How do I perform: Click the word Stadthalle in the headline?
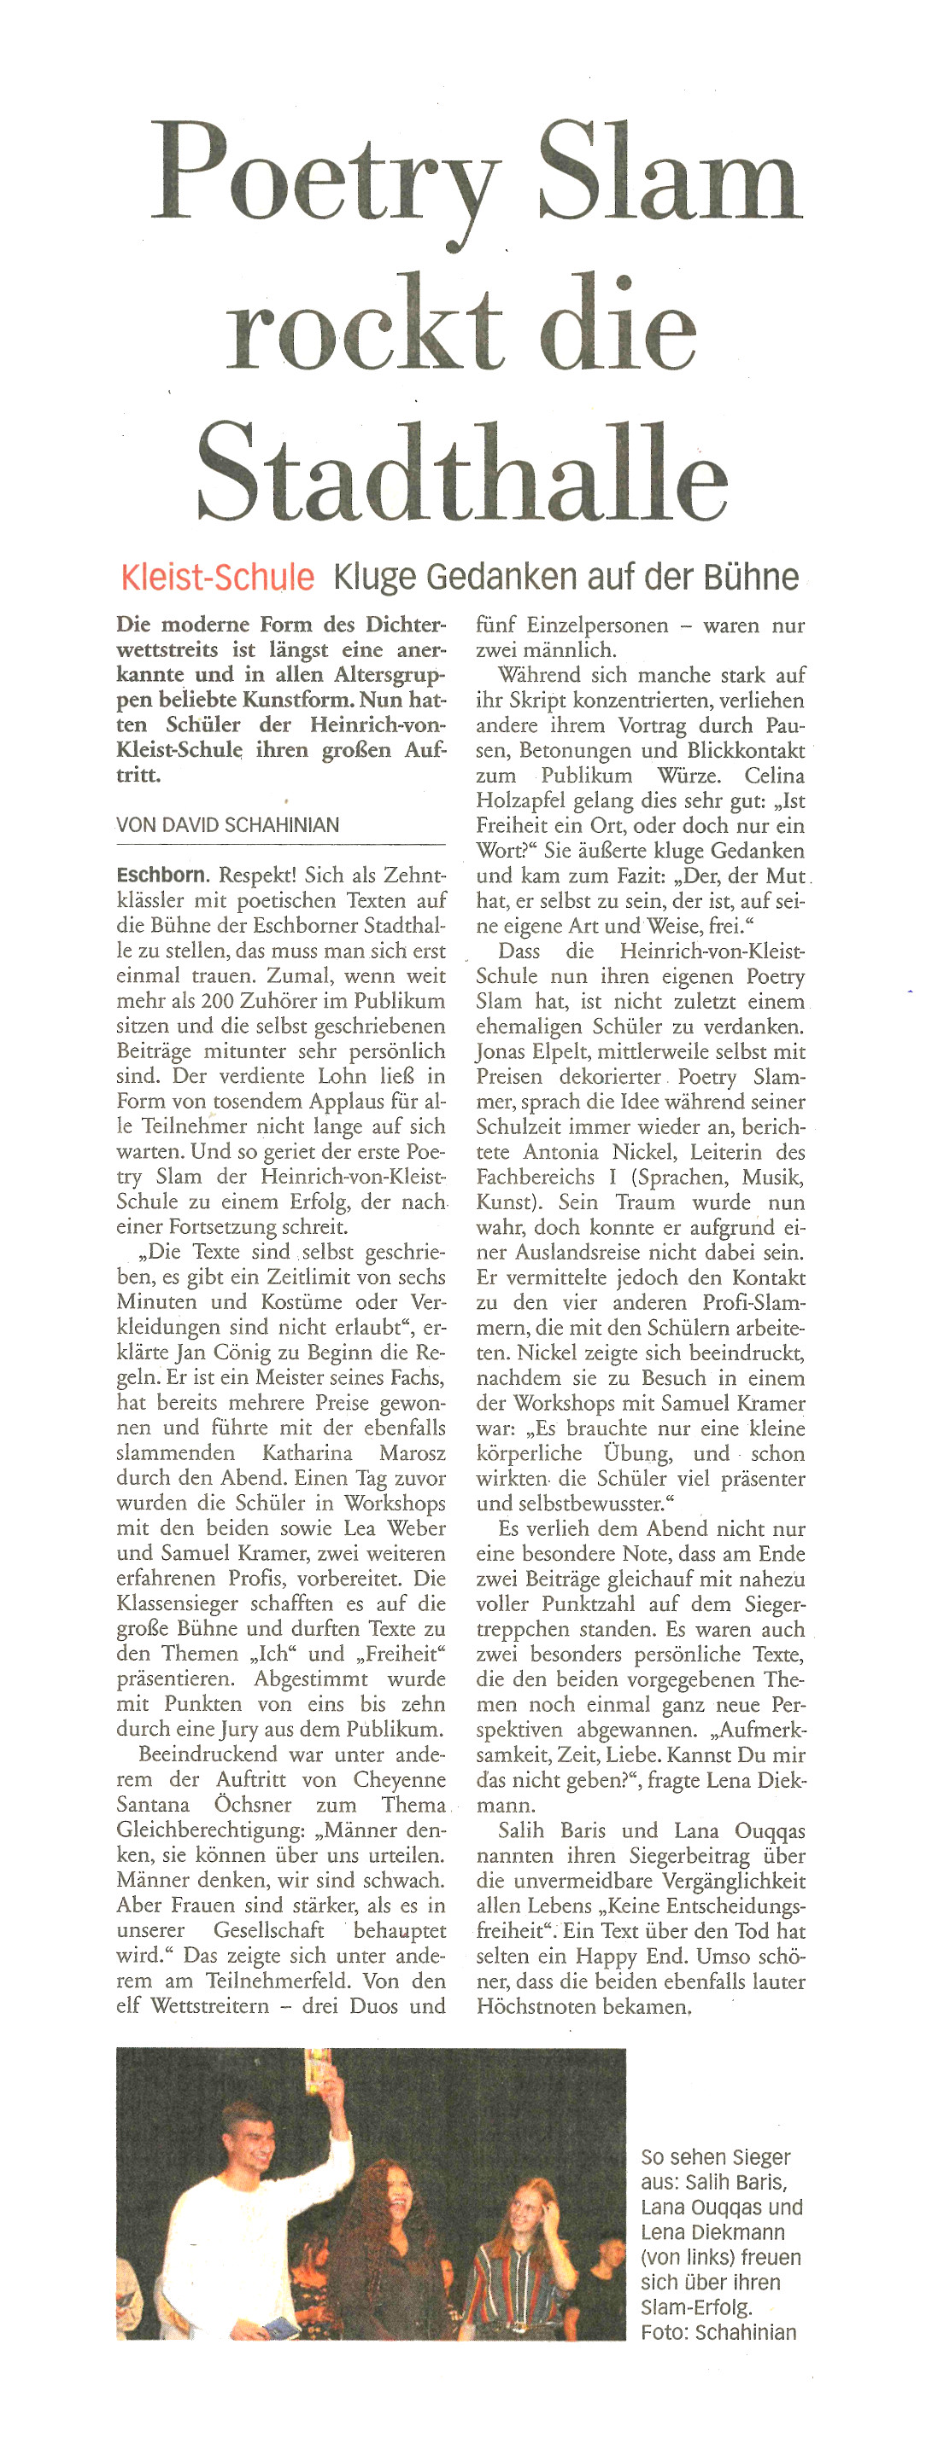[x=461, y=472]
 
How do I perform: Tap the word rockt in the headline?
[x=363, y=324]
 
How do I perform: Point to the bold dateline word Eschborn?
[x=161, y=875]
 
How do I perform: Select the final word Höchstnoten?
[x=534, y=2006]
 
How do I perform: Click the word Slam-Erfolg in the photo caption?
[x=696, y=2307]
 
